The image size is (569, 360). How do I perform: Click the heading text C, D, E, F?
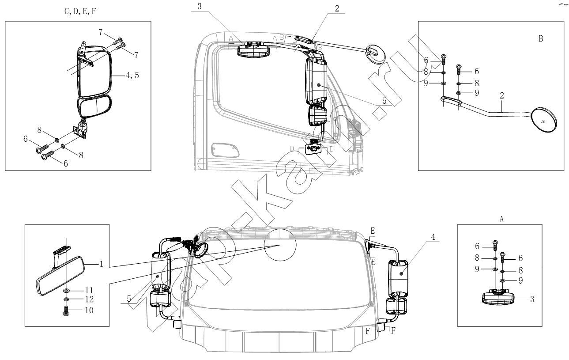80,11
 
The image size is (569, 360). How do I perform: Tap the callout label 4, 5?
132,75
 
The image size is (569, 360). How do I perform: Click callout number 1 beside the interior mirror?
102,264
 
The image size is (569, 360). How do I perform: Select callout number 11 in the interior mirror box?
89,290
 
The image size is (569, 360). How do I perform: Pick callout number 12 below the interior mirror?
89,299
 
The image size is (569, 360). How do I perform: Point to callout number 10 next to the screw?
89,310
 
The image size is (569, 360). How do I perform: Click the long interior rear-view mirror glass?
60,276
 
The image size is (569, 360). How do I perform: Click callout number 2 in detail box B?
502,95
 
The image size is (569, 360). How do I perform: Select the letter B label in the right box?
541,38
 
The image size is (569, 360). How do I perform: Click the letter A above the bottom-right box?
501,219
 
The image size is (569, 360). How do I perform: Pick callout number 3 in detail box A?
532,299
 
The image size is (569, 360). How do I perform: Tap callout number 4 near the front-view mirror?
433,237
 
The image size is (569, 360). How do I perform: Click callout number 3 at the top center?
200,7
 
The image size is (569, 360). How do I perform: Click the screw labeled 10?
66,311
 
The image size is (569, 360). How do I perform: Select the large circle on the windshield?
280,245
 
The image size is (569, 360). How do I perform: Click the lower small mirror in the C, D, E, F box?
94,106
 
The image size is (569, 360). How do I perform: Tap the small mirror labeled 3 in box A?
498,297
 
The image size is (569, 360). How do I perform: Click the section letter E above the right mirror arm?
373,231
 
